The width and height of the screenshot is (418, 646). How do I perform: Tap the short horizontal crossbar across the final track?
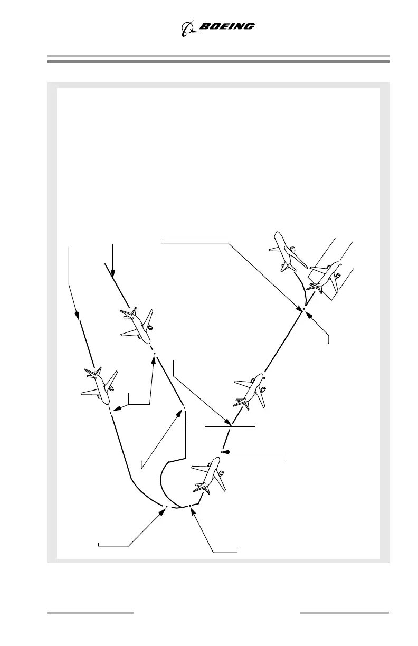[230, 425]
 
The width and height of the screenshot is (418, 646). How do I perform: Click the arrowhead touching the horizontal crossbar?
[229, 422]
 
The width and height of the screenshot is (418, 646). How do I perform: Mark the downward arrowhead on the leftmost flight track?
[78, 316]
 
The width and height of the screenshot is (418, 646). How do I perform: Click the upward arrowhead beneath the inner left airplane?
[154, 359]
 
